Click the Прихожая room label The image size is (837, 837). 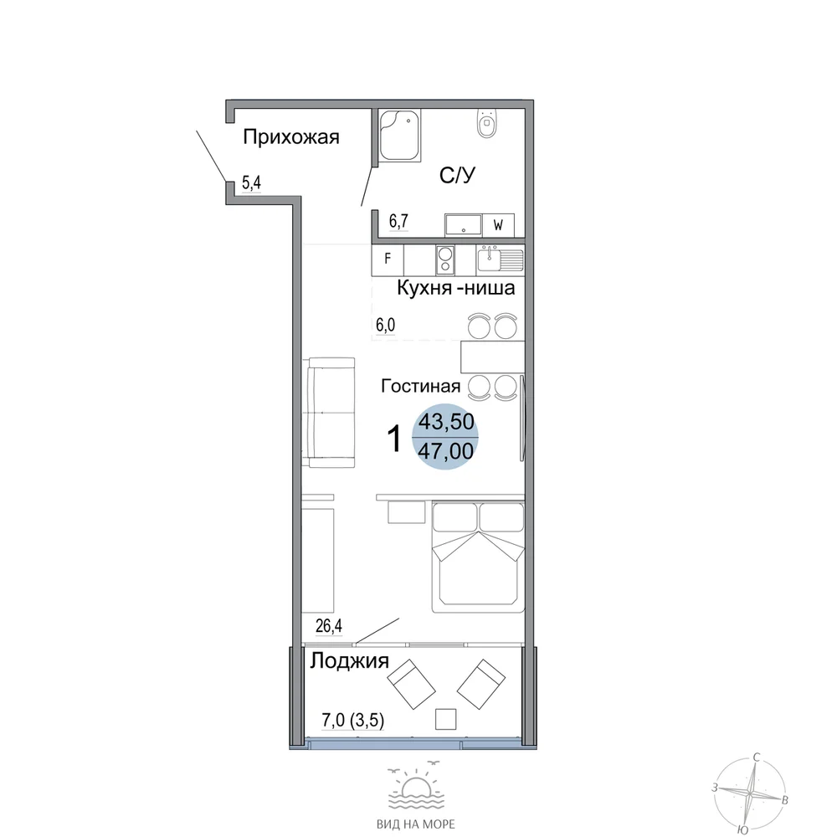[291, 138]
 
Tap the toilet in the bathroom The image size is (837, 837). [486, 123]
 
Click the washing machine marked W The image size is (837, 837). [499, 225]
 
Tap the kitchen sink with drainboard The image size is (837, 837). [501, 259]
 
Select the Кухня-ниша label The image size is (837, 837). [456, 288]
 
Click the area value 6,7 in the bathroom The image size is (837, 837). [398, 221]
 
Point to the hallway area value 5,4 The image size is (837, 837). [251, 183]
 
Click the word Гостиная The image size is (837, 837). [421, 386]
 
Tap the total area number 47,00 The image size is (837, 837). [446, 452]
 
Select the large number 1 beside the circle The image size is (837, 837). [394, 439]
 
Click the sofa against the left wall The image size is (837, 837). [331, 413]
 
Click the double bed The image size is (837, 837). [478, 557]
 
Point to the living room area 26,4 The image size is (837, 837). [329, 625]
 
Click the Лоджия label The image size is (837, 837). [350, 661]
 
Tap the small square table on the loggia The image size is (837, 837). [446, 719]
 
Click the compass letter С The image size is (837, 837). [756, 757]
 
